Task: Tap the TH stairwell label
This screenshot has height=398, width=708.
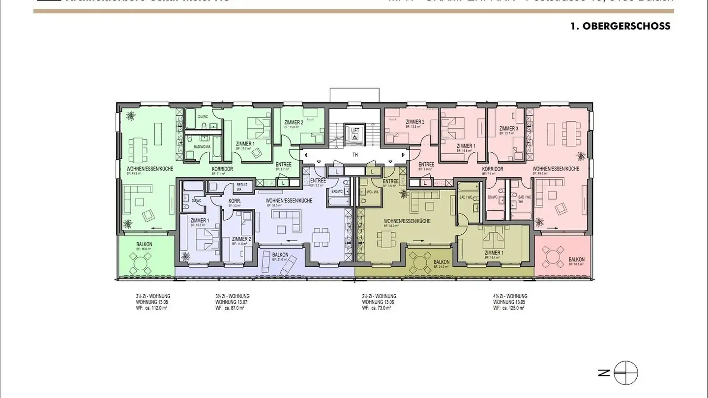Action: click(354, 154)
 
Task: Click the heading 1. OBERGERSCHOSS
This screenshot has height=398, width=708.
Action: click(620, 27)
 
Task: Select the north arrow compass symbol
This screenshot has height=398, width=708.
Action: click(625, 373)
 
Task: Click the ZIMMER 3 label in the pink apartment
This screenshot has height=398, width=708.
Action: click(508, 129)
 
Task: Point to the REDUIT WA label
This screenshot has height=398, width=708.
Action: click(242, 186)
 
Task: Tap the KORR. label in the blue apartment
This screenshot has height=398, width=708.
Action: click(234, 201)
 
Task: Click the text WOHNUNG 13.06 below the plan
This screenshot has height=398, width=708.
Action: click(378, 302)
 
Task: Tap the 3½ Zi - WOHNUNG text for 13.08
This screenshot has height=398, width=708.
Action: click(153, 296)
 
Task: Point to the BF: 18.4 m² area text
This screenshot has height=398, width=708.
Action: click(493, 257)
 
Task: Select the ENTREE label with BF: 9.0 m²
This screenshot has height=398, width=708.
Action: click(426, 165)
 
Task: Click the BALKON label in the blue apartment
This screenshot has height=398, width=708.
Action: click(280, 255)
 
